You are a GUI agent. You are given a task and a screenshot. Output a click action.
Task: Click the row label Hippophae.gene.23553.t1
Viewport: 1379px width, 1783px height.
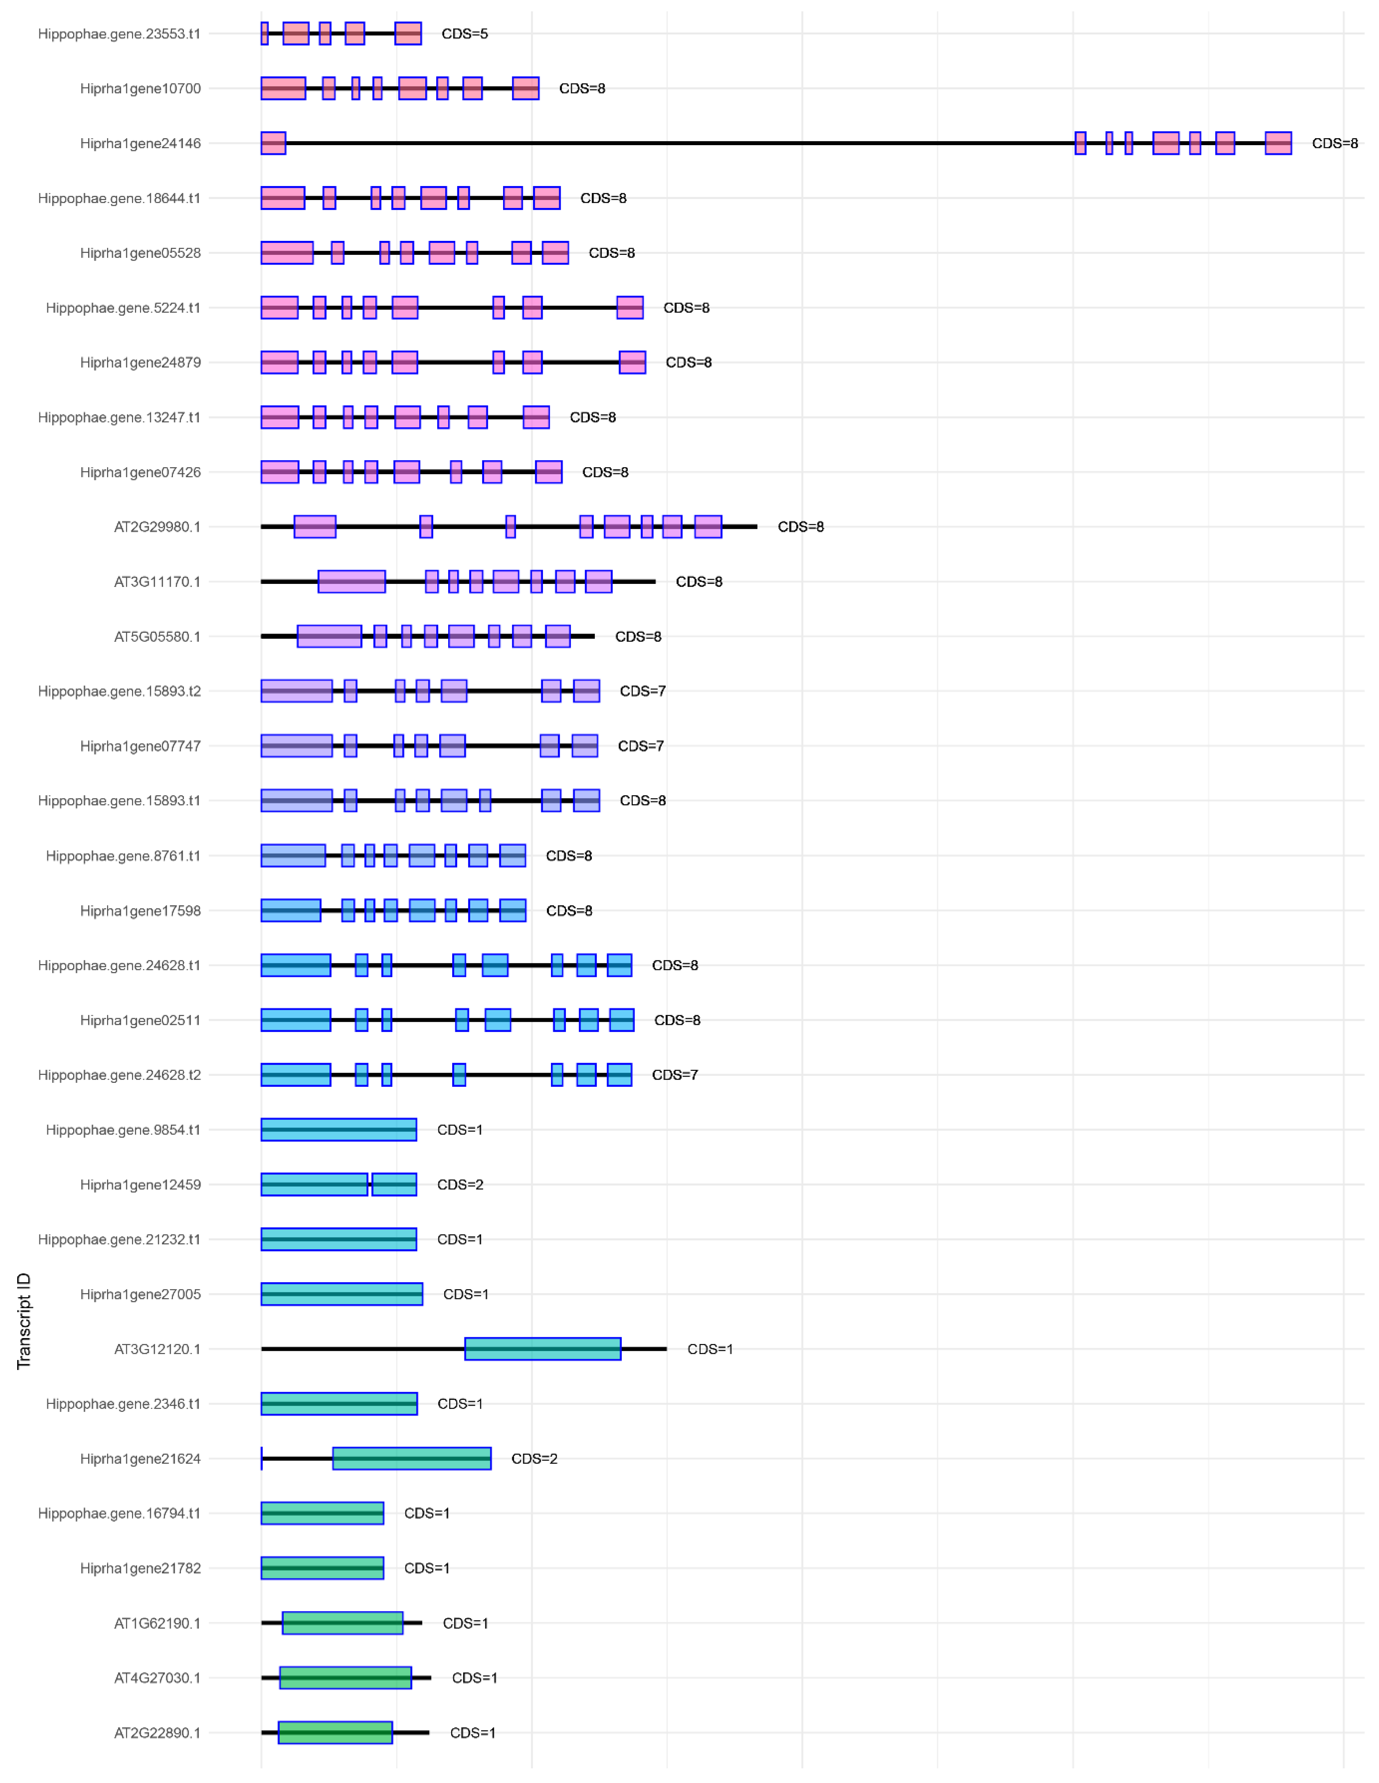(x=119, y=34)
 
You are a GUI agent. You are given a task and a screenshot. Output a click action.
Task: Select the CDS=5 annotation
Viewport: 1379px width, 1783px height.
(x=465, y=34)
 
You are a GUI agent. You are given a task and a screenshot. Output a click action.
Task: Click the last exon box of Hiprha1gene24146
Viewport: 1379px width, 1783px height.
(x=1278, y=143)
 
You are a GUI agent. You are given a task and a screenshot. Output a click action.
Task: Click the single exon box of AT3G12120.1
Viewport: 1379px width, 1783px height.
(x=543, y=1349)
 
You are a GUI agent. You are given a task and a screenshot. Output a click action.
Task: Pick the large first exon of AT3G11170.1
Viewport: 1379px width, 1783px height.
(x=352, y=581)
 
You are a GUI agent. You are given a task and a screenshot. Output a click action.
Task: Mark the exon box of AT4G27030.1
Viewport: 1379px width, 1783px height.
(x=345, y=1678)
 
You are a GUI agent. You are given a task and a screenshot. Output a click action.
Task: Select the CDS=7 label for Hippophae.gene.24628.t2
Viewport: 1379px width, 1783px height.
(x=675, y=1074)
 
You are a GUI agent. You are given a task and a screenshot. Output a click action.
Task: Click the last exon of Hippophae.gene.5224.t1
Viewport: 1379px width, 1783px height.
(x=630, y=308)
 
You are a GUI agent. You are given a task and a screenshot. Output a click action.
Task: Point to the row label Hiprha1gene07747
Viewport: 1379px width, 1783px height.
(x=140, y=745)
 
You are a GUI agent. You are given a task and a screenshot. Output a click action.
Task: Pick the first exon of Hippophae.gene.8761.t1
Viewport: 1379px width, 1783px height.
(x=293, y=855)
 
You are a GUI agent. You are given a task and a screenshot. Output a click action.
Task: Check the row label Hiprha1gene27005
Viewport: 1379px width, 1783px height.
(x=140, y=1294)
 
